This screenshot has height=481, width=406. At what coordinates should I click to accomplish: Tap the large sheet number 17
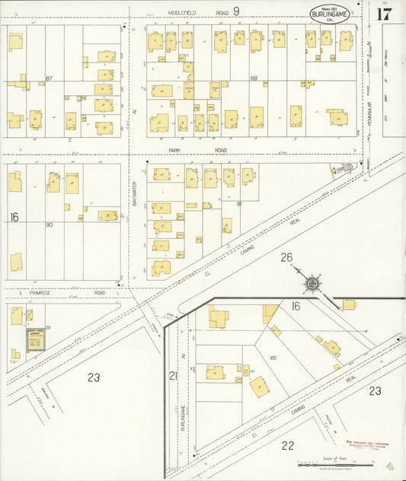click(x=383, y=13)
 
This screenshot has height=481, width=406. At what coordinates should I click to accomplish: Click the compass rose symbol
click(x=312, y=285)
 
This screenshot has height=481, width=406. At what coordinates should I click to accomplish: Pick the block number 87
click(x=49, y=78)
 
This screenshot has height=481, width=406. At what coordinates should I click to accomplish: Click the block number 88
click(x=254, y=78)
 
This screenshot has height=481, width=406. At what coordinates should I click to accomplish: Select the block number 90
click(x=49, y=225)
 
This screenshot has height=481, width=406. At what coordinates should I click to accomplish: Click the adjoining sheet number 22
click(x=288, y=445)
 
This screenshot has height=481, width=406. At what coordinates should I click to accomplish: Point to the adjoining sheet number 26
click(x=286, y=257)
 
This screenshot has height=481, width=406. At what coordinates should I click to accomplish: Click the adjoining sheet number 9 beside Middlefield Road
click(x=236, y=11)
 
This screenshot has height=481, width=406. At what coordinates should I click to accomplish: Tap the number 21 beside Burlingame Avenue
click(x=173, y=375)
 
